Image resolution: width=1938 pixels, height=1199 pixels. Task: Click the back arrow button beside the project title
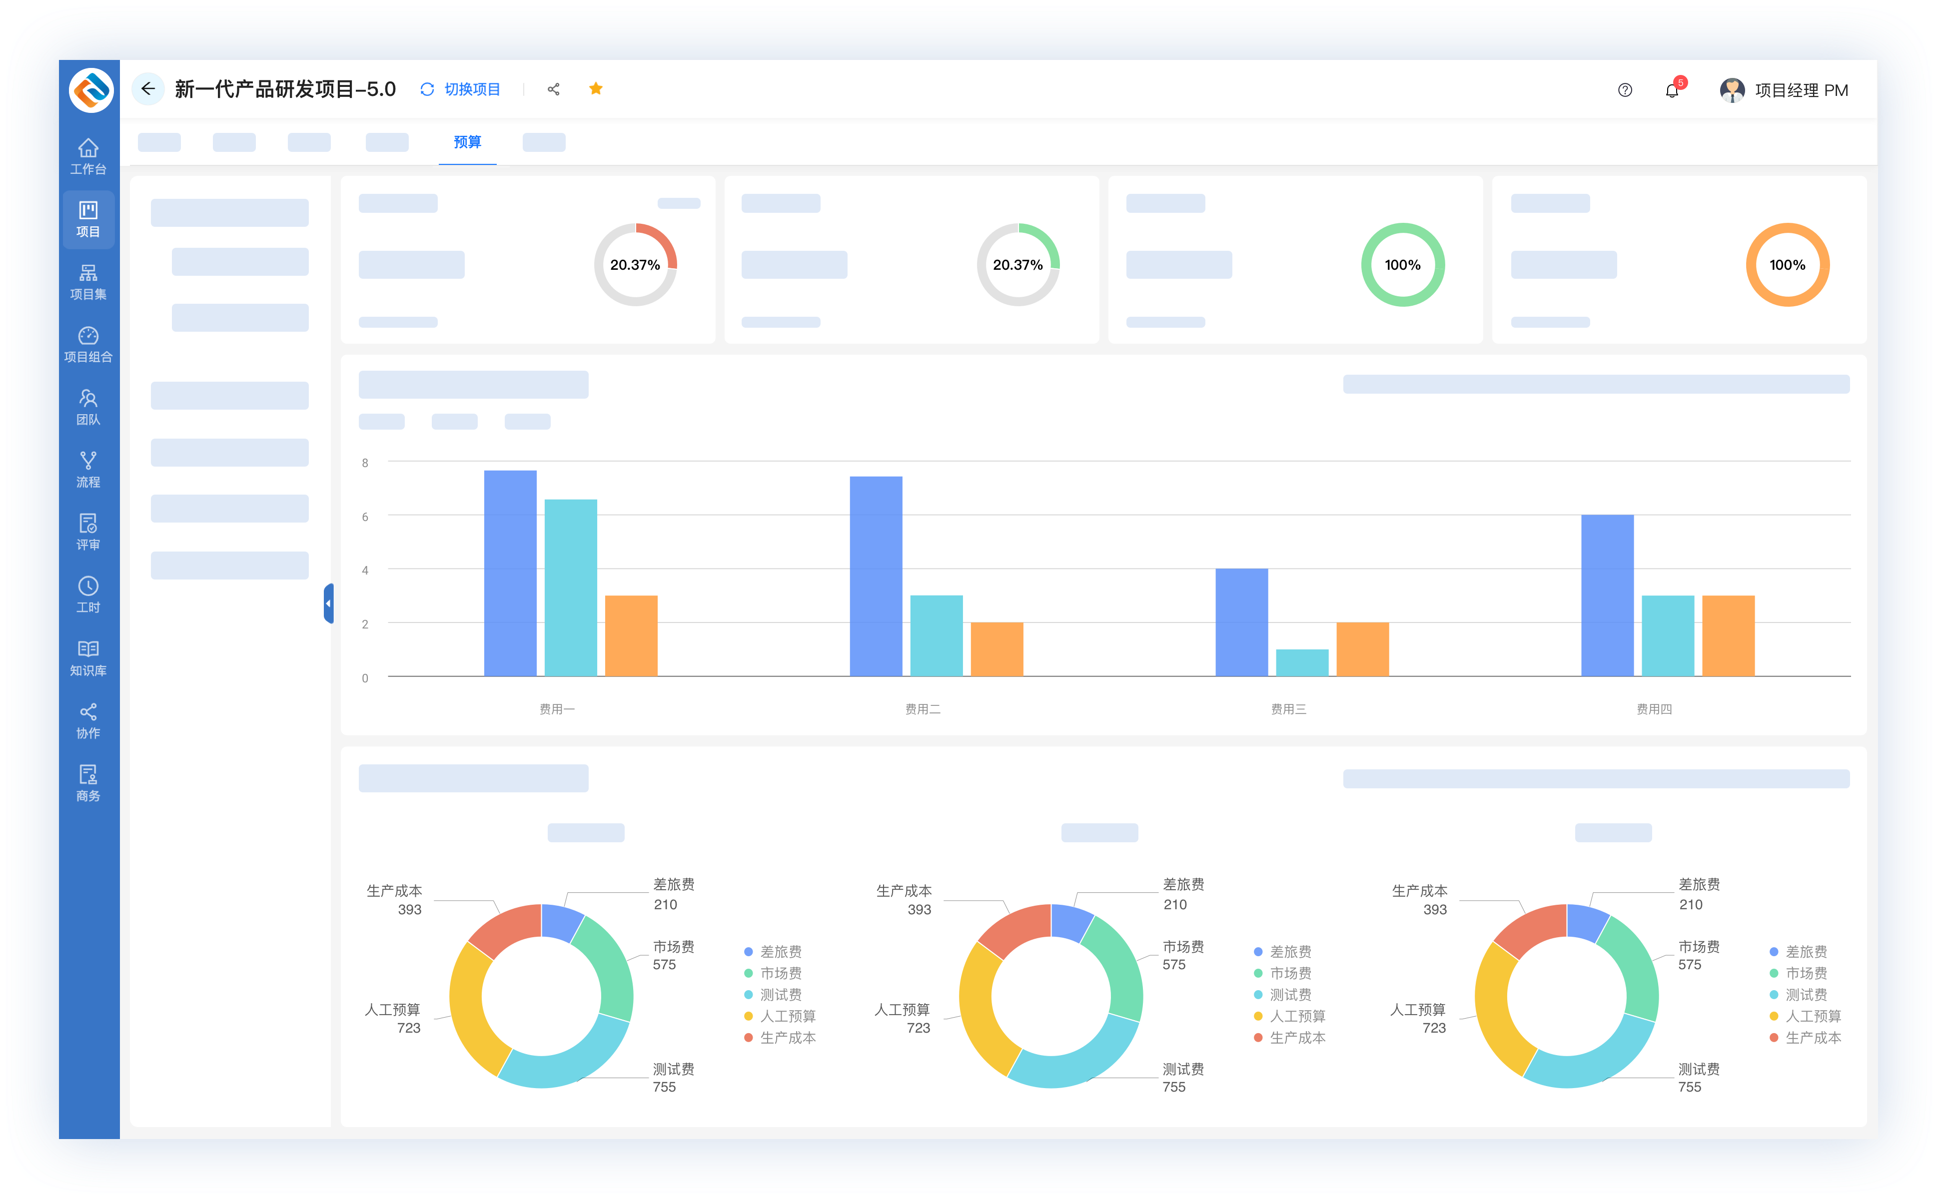[147, 89]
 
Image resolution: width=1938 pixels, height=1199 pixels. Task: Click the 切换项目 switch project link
[461, 89]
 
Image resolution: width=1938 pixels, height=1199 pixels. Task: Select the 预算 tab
[467, 142]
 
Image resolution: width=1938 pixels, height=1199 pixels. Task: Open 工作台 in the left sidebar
[88, 156]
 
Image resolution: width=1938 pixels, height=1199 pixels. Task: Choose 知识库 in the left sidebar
[88, 658]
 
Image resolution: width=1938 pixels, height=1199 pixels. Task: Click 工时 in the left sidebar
[88, 595]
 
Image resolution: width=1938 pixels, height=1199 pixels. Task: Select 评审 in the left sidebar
[88, 532]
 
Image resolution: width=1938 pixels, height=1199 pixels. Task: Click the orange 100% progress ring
[1787, 265]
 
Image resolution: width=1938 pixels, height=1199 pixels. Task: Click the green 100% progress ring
[1403, 265]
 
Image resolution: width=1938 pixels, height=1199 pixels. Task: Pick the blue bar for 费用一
[510, 574]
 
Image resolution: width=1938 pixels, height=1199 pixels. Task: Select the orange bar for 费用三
[1362, 649]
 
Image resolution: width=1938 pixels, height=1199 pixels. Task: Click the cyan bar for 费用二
[936, 636]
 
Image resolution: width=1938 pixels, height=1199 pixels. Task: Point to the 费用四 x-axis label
[1654, 709]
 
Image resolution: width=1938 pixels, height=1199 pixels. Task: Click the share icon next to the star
[554, 89]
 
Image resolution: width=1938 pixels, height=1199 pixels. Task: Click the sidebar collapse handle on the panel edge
[328, 603]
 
